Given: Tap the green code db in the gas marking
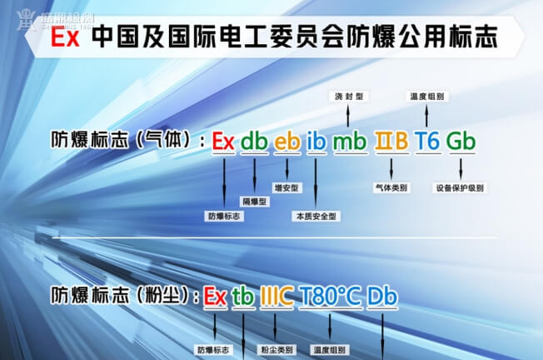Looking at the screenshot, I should (254, 142).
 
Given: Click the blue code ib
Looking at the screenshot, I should (316, 142).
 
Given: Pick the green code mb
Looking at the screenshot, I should (348, 142).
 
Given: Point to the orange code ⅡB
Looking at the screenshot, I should (391, 142).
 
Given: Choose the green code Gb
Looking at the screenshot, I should (461, 142).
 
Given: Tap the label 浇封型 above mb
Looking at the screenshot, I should (347, 97).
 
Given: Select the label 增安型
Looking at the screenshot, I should (286, 188).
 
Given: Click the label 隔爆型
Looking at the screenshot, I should (254, 202).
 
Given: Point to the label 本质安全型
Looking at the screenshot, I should (316, 216).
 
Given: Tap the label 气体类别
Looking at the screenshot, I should (391, 188).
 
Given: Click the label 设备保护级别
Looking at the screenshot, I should (461, 188).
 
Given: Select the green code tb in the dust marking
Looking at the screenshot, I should (243, 297).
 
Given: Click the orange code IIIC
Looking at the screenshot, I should (276, 297).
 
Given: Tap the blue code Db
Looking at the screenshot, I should (382, 297).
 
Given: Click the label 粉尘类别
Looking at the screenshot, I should (276, 349).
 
